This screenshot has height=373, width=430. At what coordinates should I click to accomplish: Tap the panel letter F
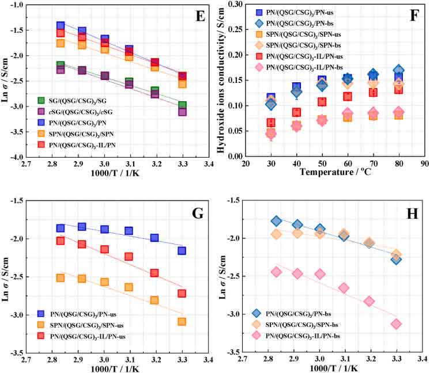pos(414,16)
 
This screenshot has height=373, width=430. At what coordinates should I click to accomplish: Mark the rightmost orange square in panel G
pos(182,321)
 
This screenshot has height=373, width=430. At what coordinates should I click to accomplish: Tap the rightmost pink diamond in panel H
pos(396,323)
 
